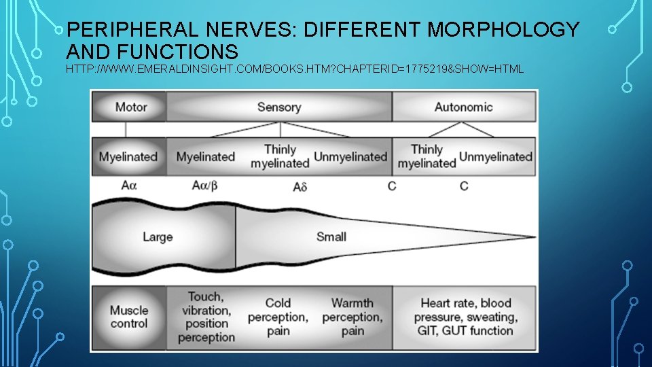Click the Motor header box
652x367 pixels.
point(130,107)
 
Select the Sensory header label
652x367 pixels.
point(278,107)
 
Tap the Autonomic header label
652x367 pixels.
point(464,107)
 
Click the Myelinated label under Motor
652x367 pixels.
point(128,157)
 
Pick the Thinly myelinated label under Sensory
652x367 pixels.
point(280,156)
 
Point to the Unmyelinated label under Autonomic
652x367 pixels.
point(496,157)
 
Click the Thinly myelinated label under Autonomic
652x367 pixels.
point(427,156)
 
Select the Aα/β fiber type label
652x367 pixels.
point(205,185)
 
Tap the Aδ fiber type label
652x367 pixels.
point(300,186)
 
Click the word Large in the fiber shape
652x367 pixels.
point(158,237)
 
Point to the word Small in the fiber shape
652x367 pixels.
point(331,237)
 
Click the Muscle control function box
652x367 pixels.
point(129,317)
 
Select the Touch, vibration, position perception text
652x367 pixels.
point(205,317)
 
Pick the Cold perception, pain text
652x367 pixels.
point(278,317)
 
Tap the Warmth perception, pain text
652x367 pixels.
point(352,317)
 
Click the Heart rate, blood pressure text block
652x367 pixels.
point(467,317)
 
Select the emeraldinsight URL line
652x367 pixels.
point(295,69)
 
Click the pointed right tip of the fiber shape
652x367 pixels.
point(533,237)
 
